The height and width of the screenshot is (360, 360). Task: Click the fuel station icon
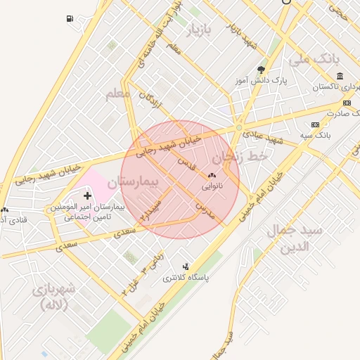pos(69,18)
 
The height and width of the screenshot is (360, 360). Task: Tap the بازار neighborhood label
pos(198,31)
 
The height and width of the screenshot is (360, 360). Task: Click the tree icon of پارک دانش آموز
pos(262,70)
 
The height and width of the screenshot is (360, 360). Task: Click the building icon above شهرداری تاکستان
pos(340,76)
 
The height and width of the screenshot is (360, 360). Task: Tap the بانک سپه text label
pos(314,134)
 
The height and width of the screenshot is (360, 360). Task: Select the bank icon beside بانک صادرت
pos(346,103)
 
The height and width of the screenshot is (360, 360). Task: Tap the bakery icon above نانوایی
pos(212,175)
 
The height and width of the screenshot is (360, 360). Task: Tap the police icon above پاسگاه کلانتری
pos(186,266)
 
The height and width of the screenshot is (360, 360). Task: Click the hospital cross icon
pos(87,194)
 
